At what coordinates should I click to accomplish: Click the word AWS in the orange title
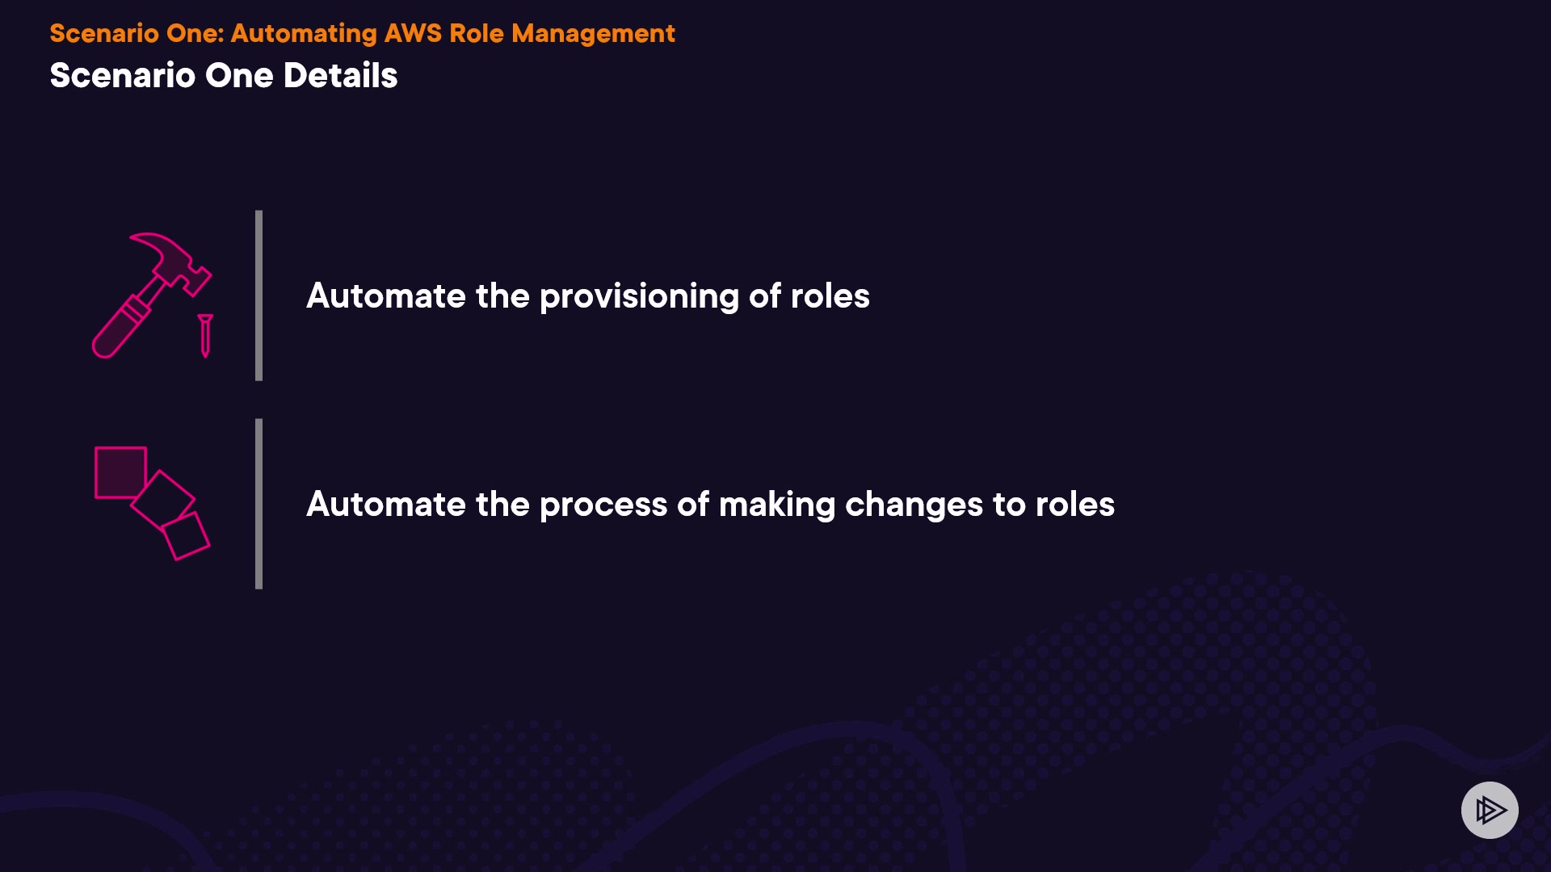[x=413, y=33]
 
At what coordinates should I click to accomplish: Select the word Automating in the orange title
[x=304, y=35]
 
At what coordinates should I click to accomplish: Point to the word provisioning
[x=639, y=297]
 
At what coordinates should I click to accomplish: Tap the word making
[x=777, y=505]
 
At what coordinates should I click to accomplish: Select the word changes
[x=914, y=505]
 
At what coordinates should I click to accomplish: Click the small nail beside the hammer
[x=205, y=335]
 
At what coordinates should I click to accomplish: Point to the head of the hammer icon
[x=174, y=260]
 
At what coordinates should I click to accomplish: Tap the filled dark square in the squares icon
[x=120, y=472]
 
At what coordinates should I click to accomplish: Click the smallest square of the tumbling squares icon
[x=186, y=535]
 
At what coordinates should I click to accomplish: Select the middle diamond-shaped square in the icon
[x=163, y=501]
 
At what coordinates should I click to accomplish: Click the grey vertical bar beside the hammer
[x=258, y=296]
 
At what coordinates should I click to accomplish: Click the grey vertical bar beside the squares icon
[x=258, y=504]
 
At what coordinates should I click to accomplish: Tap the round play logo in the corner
[x=1490, y=810]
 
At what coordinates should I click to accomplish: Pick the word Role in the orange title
[x=477, y=33]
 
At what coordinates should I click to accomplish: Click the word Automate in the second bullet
[x=386, y=505]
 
